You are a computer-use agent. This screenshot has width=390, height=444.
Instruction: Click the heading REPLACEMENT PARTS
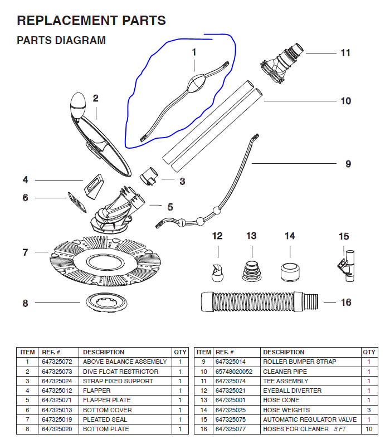point(91,21)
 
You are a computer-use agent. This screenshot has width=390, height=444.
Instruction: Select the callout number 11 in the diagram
point(345,53)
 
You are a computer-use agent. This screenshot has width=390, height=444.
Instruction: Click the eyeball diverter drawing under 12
point(217,271)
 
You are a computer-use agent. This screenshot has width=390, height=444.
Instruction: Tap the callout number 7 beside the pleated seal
point(25,252)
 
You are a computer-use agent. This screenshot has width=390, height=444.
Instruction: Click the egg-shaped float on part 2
point(77,105)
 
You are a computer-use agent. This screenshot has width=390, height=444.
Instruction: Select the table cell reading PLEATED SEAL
point(106,419)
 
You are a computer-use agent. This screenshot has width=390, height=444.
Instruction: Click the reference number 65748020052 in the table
point(234,372)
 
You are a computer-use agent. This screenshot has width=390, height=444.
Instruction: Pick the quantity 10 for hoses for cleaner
point(369,429)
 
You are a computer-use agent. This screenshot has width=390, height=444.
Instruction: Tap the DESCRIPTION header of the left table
point(104,352)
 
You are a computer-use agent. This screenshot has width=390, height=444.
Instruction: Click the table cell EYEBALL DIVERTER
point(292,391)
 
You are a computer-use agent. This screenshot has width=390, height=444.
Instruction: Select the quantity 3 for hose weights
point(369,410)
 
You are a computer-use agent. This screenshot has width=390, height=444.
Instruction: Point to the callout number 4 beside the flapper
point(25,180)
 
